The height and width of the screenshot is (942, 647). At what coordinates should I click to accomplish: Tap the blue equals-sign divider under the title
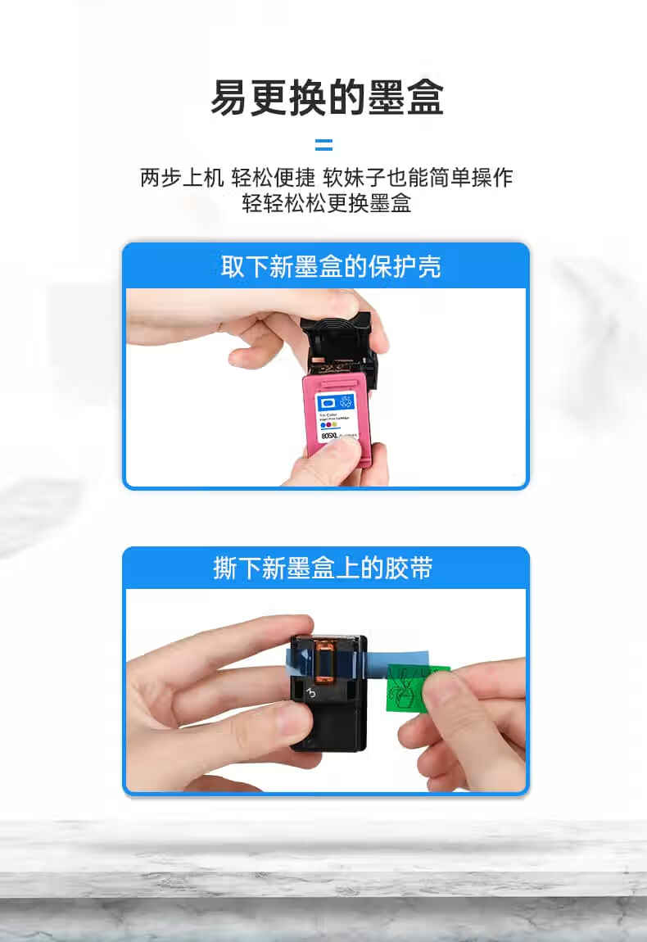coord(324,146)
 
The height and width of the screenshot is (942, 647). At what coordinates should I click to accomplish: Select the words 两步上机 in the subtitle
coord(182,177)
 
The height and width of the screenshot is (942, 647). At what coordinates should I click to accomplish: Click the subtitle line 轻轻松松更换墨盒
coord(326,203)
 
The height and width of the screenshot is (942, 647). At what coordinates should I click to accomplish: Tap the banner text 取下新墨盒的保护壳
coord(331,266)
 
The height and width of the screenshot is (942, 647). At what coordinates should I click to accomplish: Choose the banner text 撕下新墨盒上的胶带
coord(323,568)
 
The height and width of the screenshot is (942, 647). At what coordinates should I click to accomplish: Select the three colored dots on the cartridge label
coord(328,426)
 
